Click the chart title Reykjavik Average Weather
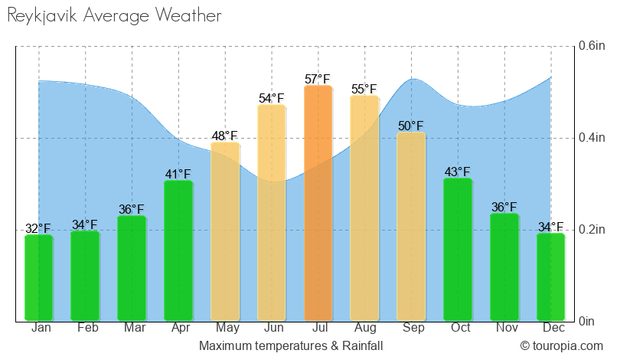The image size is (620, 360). (x=114, y=15)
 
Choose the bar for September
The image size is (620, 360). (x=411, y=226)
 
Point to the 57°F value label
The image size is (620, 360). (x=318, y=79)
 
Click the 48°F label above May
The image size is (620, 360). (x=225, y=136)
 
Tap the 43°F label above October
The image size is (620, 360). (x=458, y=172)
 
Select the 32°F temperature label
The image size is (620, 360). (x=38, y=228)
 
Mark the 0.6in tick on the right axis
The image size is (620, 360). (x=592, y=46)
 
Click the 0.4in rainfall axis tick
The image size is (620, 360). (x=592, y=138)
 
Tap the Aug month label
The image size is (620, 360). (x=364, y=329)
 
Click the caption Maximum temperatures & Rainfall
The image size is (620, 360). (x=291, y=346)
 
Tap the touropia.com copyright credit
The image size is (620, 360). (x=563, y=346)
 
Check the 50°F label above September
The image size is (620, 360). (x=411, y=126)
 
